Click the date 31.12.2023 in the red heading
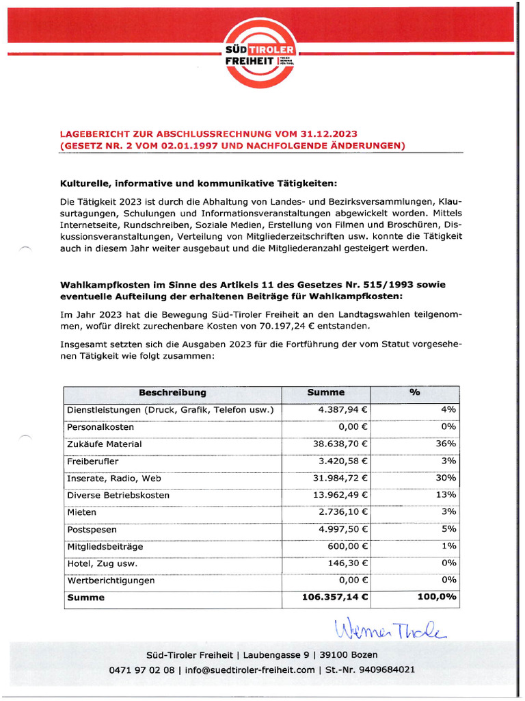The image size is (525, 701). pyautogui.click(x=330, y=133)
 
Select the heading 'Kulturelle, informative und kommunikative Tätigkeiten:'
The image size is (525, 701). pyautogui.click(x=198, y=183)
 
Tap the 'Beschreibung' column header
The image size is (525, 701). pyautogui.click(x=172, y=393)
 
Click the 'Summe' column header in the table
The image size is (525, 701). pyautogui.click(x=326, y=393)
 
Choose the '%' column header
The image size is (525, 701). pyautogui.click(x=414, y=393)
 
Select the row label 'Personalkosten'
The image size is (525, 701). pyautogui.click(x=100, y=426)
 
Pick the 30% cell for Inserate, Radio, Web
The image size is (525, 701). pyautogui.click(x=446, y=478)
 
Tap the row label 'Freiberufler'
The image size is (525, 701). pyautogui.click(x=92, y=461)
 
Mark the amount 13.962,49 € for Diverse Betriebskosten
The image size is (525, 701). pyautogui.click(x=340, y=495)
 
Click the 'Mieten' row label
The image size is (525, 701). pyautogui.click(x=81, y=512)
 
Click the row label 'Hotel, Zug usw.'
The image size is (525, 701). pyautogui.click(x=102, y=563)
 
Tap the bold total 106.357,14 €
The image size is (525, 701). pyautogui.click(x=335, y=598)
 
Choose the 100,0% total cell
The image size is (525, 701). pyautogui.click(x=437, y=598)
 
